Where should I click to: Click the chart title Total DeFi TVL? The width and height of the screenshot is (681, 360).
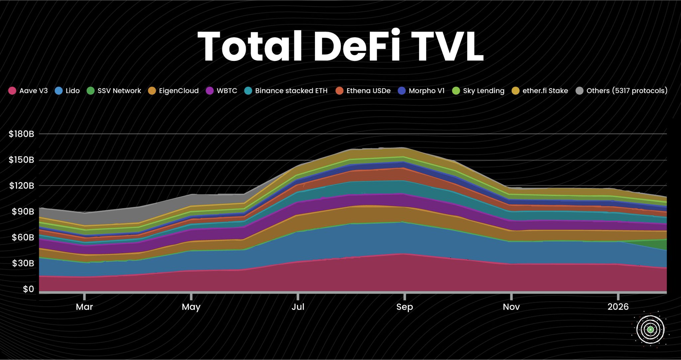pos(340,47)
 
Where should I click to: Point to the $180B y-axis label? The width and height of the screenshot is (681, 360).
pos(22,134)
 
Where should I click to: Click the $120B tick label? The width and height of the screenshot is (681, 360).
pos(22,186)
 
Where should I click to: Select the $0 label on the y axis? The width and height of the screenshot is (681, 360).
pos(28,289)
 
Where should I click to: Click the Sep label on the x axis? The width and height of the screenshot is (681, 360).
pos(404,307)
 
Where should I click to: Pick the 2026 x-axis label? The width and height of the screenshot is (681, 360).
pos(618,307)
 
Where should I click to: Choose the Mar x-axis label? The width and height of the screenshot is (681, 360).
pos(84,307)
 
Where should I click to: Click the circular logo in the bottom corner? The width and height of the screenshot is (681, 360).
pos(650,329)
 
